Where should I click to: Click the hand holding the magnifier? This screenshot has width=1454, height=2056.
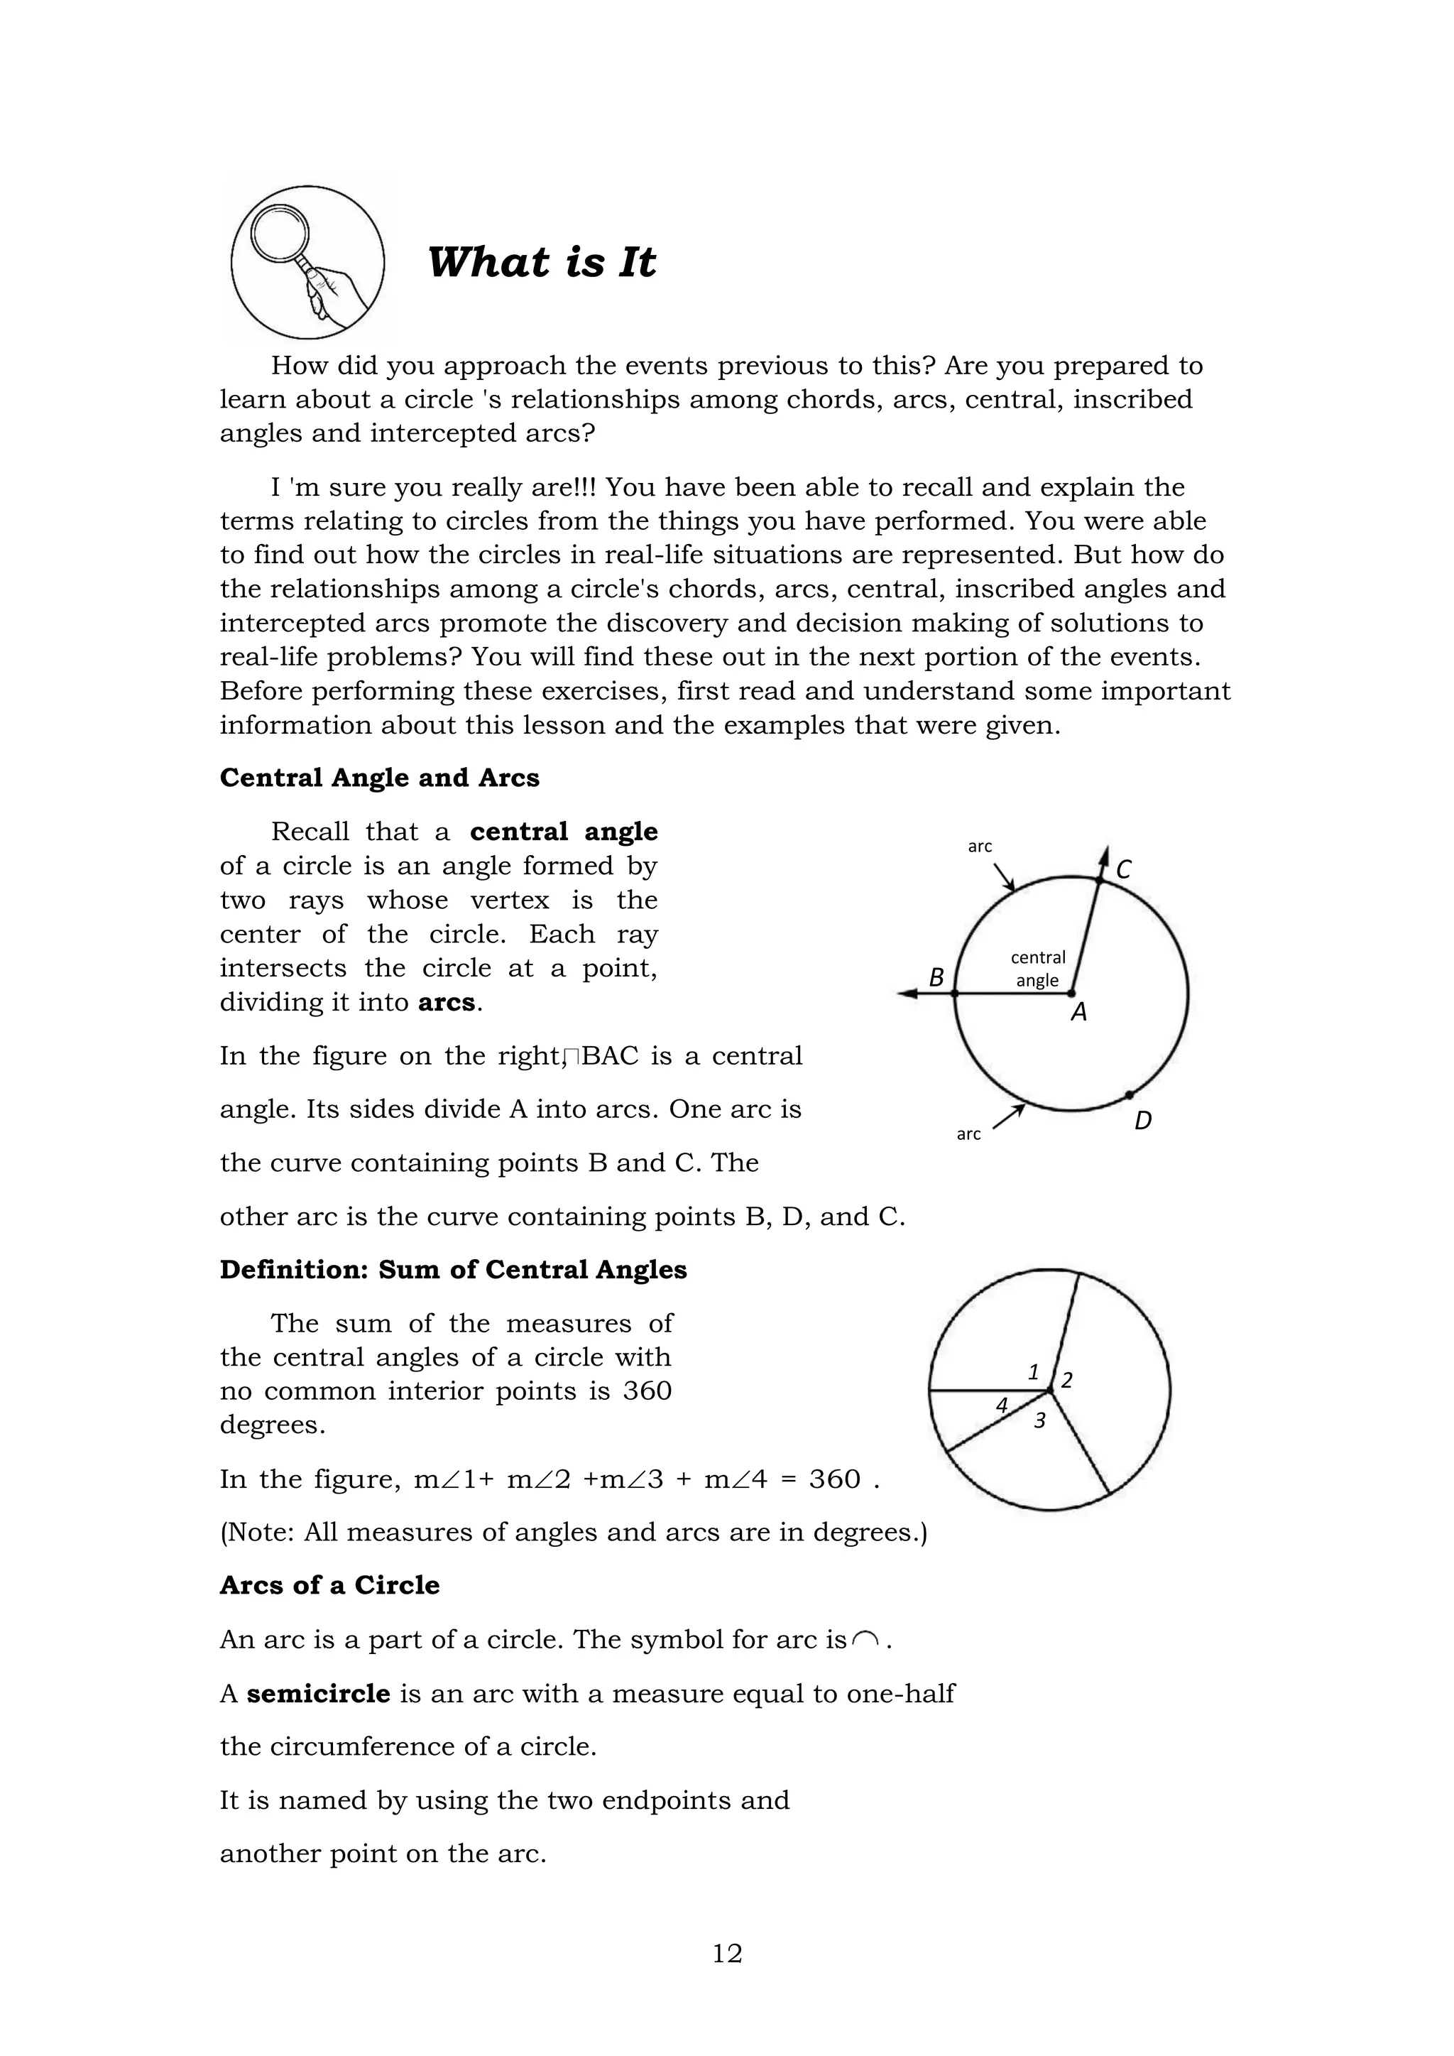336,291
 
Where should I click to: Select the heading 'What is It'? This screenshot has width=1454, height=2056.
542,262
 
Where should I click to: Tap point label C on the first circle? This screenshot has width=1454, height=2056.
1124,869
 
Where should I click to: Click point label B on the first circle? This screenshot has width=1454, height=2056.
936,977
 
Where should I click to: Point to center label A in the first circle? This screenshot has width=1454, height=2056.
1080,1013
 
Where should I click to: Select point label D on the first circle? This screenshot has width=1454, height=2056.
1143,1120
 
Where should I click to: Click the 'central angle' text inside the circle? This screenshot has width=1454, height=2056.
1038,969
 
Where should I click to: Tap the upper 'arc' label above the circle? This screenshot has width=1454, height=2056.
980,847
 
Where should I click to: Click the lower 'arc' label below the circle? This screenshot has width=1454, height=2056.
968,1135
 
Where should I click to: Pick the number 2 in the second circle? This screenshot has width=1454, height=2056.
1066,1381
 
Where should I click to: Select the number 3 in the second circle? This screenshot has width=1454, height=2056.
1039,1420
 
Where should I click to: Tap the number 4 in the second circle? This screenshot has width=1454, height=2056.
1002,1406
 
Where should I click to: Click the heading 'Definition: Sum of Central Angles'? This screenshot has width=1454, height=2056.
453,1270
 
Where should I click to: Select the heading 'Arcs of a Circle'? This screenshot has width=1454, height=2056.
329,1585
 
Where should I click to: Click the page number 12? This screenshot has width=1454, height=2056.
727,1953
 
